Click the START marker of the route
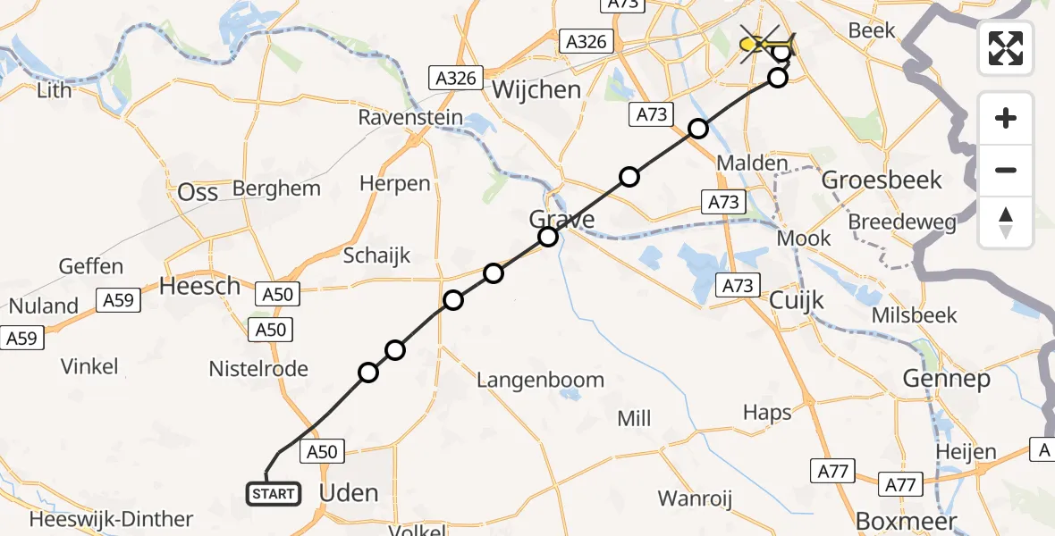tap(273, 493)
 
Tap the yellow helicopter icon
tap(767, 42)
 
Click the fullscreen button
tap(1006, 48)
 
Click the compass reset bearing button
tap(1006, 222)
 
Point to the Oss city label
tap(198, 192)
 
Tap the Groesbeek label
tap(882, 180)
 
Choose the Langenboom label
tap(540, 380)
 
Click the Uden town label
tap(349, 492)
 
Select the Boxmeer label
tap(907, 520)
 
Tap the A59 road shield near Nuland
tap(118, 300)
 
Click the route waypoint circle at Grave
tap(548, 237)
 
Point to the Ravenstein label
tap(410, 117)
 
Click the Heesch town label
tap(199, 286)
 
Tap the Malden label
tap(752, 163)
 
